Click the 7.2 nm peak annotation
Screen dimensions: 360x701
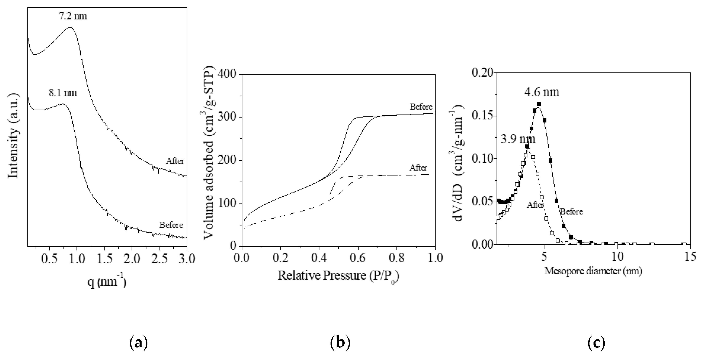tap(73, 16)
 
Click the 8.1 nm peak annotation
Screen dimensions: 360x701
tap(63, 93)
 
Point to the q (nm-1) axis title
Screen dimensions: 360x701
tap(107, 282)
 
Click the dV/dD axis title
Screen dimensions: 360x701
tap(460, 163)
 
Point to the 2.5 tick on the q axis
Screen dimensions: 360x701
tap(160, 259)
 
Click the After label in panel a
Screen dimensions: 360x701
tap(175, 161)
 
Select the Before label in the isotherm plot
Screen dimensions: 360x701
tap(421, 107)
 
